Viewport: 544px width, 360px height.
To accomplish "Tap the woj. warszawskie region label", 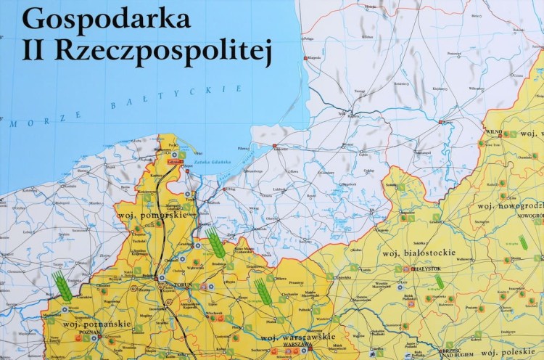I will point(297,337).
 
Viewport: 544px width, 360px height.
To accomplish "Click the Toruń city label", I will point(183,285).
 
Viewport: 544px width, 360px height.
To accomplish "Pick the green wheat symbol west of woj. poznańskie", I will point(62,287).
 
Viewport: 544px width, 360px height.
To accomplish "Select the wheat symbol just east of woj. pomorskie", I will point(215,242).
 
